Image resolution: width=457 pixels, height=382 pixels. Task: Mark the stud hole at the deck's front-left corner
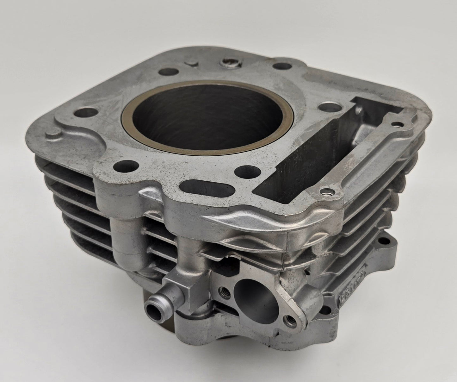coord(122,165)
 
